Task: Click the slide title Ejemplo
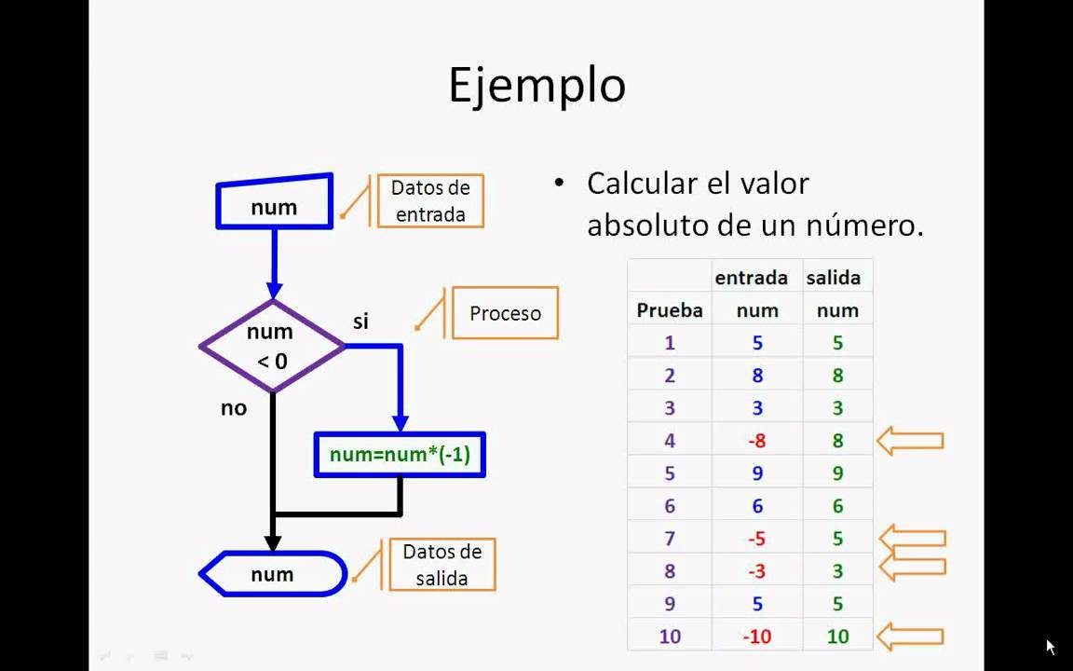537,87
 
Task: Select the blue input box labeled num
275,202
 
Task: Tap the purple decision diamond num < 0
272,346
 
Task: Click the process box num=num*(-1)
400,455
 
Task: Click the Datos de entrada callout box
430,200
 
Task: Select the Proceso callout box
505,313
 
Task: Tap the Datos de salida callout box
442,565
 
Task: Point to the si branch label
360,322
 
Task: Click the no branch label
234,408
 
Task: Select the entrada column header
752,278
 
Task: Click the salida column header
834,278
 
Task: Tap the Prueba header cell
670,310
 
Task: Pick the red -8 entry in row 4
757,441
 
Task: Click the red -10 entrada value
757,637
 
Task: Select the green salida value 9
837,473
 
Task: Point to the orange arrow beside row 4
910,441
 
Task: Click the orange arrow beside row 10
910,637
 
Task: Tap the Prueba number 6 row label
670,506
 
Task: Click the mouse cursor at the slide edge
1051,647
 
